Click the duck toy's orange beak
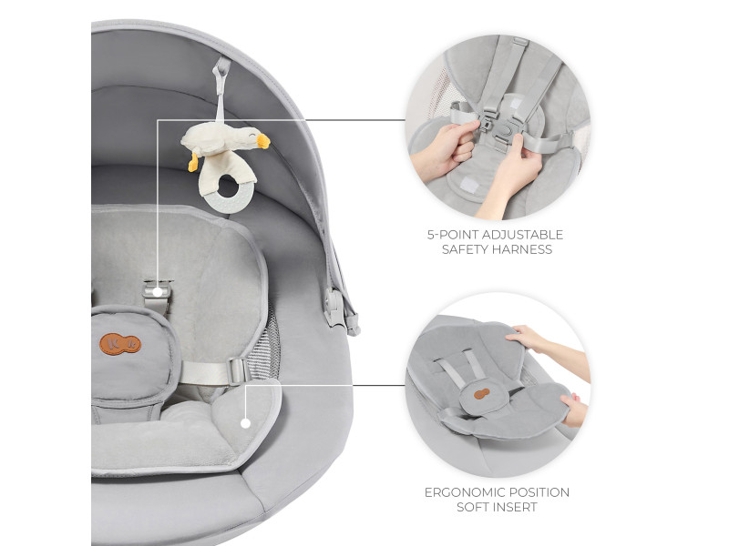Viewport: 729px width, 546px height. coord(263,141)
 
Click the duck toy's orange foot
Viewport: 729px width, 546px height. coord(193,162)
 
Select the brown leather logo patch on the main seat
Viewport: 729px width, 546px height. coord(120,344)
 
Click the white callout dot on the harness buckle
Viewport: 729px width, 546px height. coord(158,292)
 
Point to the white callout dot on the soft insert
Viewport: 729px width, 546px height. coord(245,423)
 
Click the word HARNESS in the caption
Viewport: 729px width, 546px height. coord(522,249)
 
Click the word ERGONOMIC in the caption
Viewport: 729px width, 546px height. coord(465,492)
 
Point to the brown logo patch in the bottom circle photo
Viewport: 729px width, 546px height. coord(483,394)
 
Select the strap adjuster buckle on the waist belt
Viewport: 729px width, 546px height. coord(239,371)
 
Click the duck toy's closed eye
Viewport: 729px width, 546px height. coord(252,136)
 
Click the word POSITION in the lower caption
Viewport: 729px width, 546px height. coord(539,492)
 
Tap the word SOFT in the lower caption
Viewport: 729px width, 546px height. coord(473,507)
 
